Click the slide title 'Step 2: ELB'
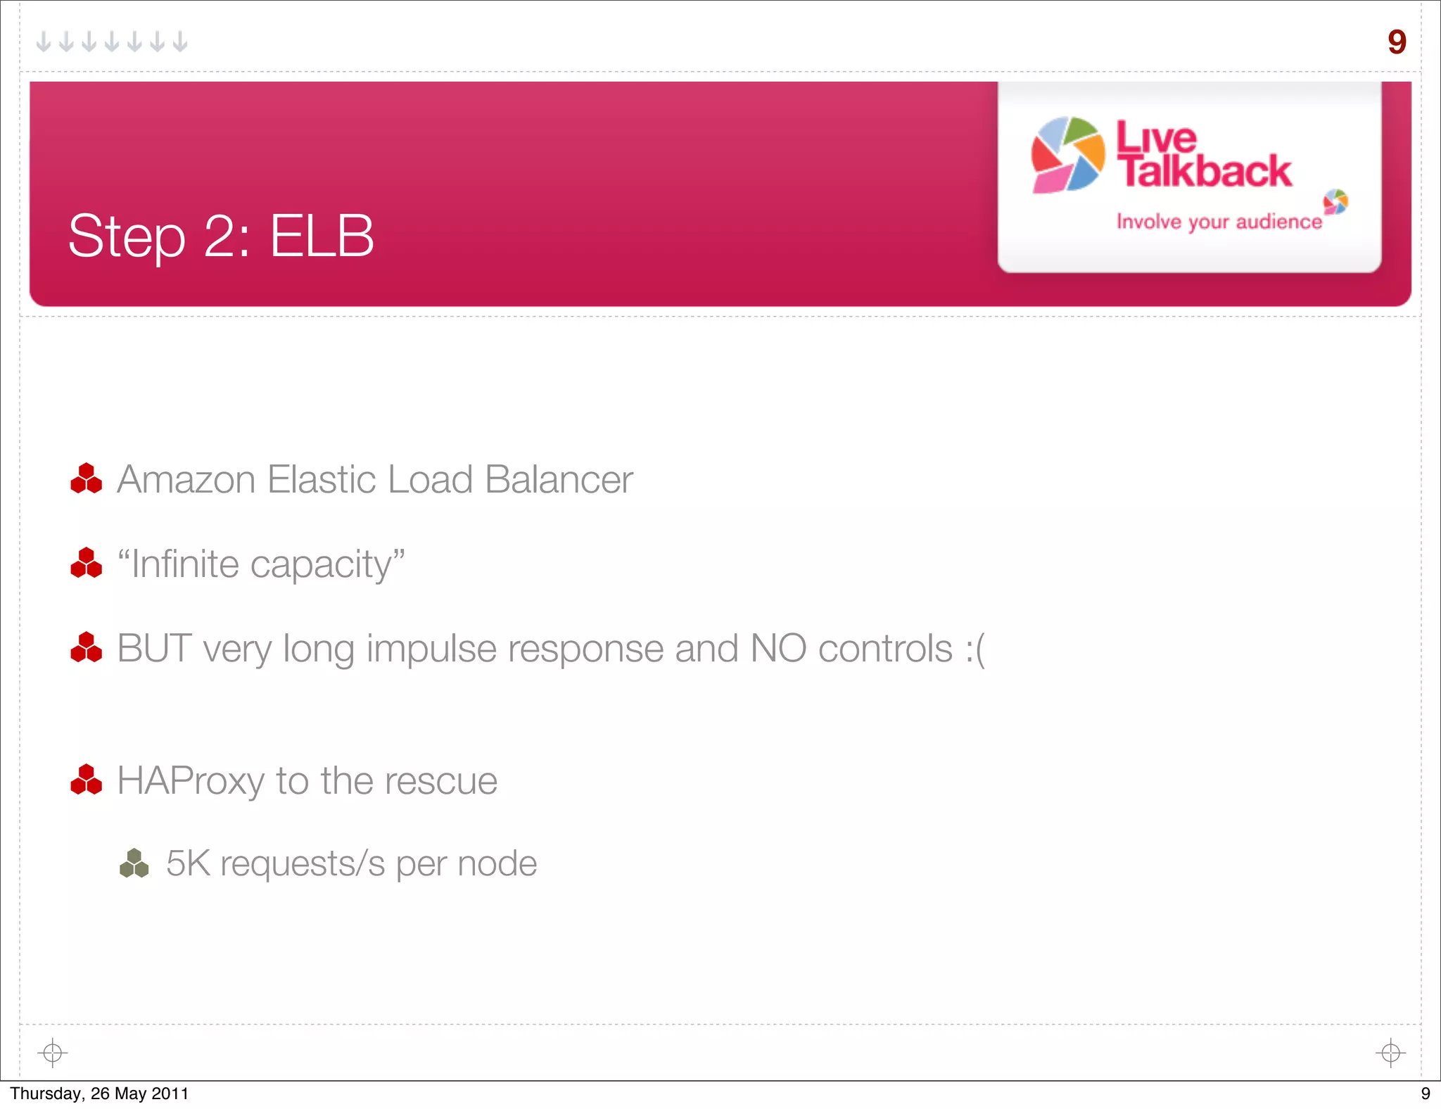(x=220, y=236)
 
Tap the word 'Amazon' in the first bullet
(x=186, y=480)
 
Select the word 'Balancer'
(x=559, y=480)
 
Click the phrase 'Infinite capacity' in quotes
(x=261, y=564)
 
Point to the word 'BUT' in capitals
(x=154, y=648)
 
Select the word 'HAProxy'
(x=190, y=781)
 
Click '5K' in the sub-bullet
(x=188, y=863)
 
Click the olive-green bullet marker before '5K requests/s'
(x=134, y=863)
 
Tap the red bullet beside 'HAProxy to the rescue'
(x=87, y=780)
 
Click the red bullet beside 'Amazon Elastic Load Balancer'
(x=87, y=479)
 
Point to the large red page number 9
(x=1397, y=42)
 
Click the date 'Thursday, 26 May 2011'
(x=99, y=1094)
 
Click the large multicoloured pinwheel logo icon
(x=1067, y=155)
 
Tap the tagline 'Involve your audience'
(x=1219, y=222)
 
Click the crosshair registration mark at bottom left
(x=53, y=1053)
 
